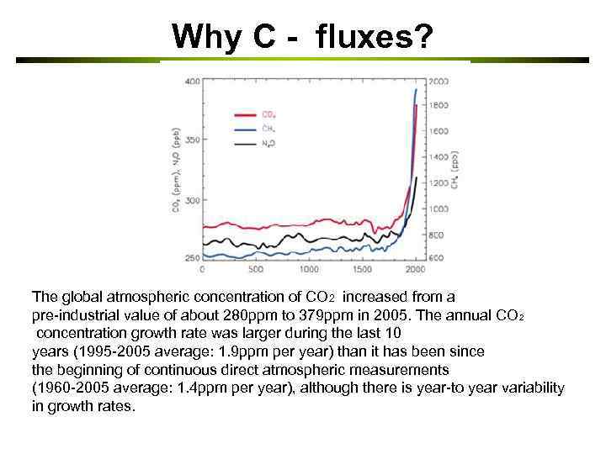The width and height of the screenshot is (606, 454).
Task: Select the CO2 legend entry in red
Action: tap(268, 114)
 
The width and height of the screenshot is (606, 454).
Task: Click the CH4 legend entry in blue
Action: tap(268, 129)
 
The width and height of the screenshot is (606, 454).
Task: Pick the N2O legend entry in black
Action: tap(268, 145)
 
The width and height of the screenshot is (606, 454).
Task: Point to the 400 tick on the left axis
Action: tap(193, 81)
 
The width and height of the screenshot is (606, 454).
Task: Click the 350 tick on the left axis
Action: tap(193, 140)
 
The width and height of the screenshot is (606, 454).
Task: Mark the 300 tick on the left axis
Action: tap(193, 200)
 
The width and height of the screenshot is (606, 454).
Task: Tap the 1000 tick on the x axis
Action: tap(309, 270)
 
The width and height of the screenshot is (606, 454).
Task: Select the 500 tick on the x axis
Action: tap(256, 270)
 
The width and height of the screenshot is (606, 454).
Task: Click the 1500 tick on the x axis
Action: tap(363, 270)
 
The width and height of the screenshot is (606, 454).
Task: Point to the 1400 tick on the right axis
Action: tap(438, 157)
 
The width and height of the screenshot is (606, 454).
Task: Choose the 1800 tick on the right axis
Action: tap(438, 106)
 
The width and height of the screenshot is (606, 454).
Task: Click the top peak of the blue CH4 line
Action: tap(416, 89)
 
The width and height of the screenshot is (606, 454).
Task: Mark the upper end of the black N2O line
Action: tap(417, 178)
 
